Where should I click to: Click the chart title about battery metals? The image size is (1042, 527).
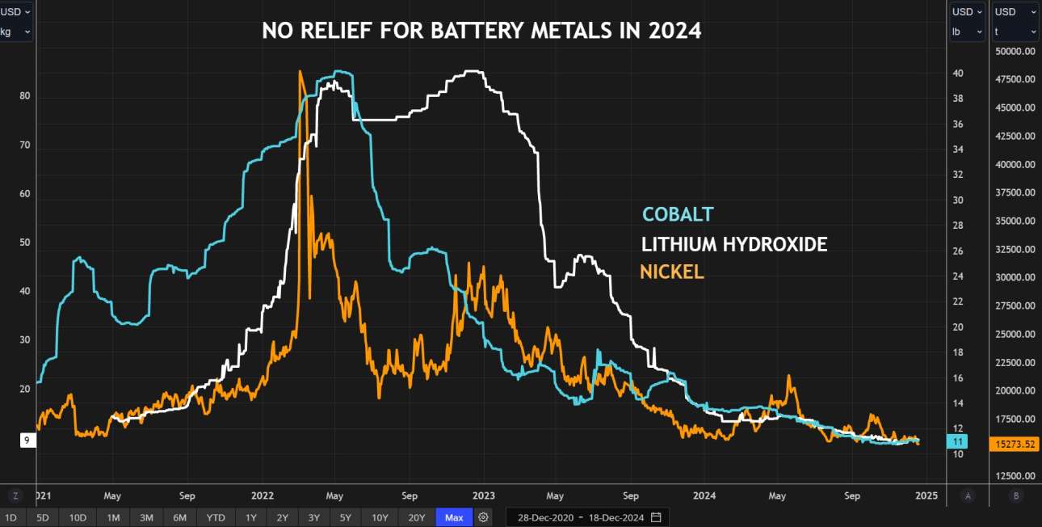coord(481,32)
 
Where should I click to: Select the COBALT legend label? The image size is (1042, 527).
coord(678,214)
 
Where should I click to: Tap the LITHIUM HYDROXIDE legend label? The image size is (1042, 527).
coord(733,243)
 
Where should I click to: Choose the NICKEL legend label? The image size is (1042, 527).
coord(671,272)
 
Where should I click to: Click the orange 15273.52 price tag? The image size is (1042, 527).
coord(1015,444)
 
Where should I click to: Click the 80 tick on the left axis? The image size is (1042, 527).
coord(25,96)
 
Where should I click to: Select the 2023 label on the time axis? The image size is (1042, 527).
coord(483,495)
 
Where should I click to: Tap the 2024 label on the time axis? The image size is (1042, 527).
coord(705,495)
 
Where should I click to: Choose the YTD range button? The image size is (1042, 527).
coord(216,517)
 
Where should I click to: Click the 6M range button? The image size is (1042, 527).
coord(179,517)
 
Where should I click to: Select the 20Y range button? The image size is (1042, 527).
coord(416,517)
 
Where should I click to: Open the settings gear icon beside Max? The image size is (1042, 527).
coord(483,517)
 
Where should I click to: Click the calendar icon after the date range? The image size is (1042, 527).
coord(656,517)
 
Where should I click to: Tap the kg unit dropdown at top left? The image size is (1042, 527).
coord(16,32)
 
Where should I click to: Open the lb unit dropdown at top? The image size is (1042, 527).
coord(967,32)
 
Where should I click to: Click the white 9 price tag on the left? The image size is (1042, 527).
coord(27,441)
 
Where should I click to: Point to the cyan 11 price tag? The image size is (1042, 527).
coord(958,441)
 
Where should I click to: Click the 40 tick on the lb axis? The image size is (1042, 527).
coord(958,73)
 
